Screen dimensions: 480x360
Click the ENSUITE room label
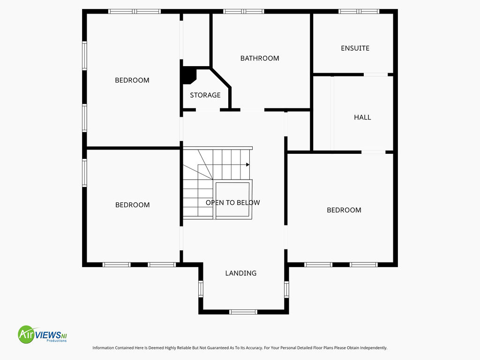355,48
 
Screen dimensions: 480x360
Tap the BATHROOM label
260,58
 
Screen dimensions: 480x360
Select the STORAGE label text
205,95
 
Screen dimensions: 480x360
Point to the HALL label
362,117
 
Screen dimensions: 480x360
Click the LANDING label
241,273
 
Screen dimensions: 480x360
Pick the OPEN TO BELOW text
232,202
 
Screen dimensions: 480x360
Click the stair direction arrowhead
247,165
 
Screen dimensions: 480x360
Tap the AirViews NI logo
42,334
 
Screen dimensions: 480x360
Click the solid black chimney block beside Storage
189,75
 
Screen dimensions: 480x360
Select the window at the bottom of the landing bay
243,312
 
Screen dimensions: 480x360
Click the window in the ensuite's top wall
359,11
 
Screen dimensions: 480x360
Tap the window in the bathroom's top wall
243,11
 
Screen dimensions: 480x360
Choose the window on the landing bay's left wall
201,289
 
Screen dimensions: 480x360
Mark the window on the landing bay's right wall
286,290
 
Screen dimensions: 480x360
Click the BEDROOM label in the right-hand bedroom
344,210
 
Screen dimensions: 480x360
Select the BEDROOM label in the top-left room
132,80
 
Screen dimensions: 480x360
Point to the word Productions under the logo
57,341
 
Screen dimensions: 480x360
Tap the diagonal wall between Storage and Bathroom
221,78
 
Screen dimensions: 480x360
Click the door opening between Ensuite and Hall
375,75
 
